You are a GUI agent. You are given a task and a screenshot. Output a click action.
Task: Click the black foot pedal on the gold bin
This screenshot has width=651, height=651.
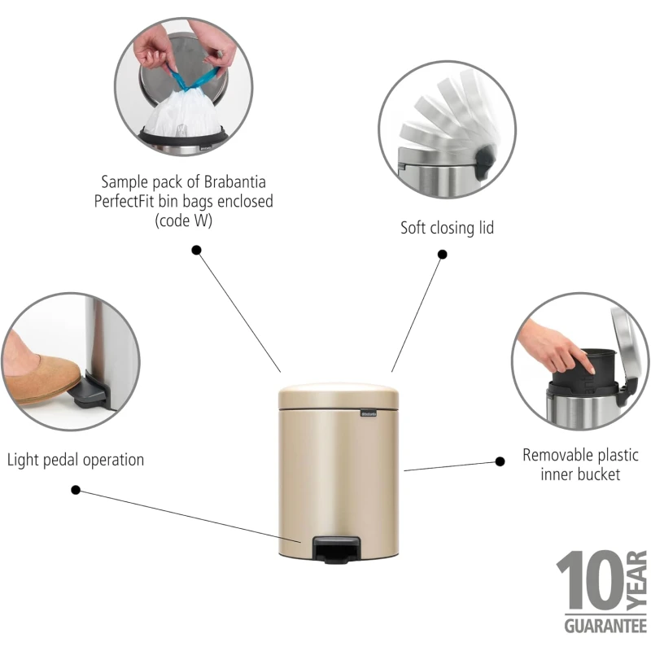coord(336,550)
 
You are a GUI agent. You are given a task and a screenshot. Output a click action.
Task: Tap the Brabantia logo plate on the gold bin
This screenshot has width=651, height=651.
coord(369,413)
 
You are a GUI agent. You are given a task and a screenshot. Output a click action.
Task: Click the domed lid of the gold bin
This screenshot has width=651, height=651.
coord(339,395)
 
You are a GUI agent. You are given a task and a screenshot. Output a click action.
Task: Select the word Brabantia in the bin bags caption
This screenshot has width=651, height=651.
coord(234,181)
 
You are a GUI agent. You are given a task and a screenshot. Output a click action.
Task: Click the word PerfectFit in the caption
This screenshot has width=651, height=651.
coord(124,201)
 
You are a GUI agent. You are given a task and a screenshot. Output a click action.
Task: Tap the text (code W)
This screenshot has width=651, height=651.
coord(184,221)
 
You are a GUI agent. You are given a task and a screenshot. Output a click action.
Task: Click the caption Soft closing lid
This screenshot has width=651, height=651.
coord(447,228)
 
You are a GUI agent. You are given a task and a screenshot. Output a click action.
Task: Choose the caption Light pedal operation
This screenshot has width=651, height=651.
coord(76,460)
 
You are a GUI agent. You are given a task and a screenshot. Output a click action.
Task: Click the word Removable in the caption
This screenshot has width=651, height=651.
coord(555,455)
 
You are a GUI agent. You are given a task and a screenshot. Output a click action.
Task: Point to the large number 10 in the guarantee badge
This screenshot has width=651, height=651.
coord(590,580)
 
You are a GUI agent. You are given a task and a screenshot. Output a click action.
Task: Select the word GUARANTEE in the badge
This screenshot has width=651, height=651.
coord(605,626)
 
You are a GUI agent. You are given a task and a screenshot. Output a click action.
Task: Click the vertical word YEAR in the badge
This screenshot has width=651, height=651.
coord(637,580)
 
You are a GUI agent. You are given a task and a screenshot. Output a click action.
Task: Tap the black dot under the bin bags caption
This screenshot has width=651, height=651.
coord(196,250)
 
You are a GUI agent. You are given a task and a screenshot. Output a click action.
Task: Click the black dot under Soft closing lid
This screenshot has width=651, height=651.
coord(443,254)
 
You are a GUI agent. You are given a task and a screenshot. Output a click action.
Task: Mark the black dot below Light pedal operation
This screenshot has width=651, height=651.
coord(76,490)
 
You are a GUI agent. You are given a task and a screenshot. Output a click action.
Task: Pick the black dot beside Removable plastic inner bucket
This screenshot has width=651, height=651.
coord(500,461)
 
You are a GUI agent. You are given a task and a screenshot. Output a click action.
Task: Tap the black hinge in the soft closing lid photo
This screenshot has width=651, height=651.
coord(484,159)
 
